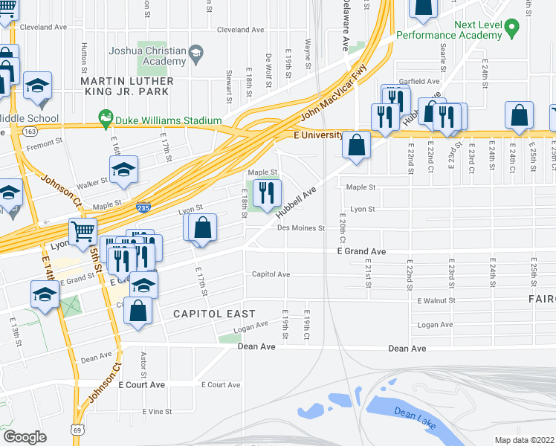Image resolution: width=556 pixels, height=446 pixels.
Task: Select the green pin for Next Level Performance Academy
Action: pyautogui.click(x=511, y=29)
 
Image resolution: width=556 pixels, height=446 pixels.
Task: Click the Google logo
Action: pyautogui.click(x=24, y=437)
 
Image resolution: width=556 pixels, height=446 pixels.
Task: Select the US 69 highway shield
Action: pyautogui.click(x=78, y=430)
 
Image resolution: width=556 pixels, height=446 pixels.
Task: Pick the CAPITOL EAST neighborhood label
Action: pyautogui.click(x=214, y=314)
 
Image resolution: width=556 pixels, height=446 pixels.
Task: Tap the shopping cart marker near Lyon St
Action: pyautogui.click(x=83, y=232)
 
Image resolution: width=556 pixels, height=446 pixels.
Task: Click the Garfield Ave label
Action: pyautogui.click(x=421, y=81)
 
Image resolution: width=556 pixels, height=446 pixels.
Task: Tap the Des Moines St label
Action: pyautogui.click(x=301, y=228)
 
